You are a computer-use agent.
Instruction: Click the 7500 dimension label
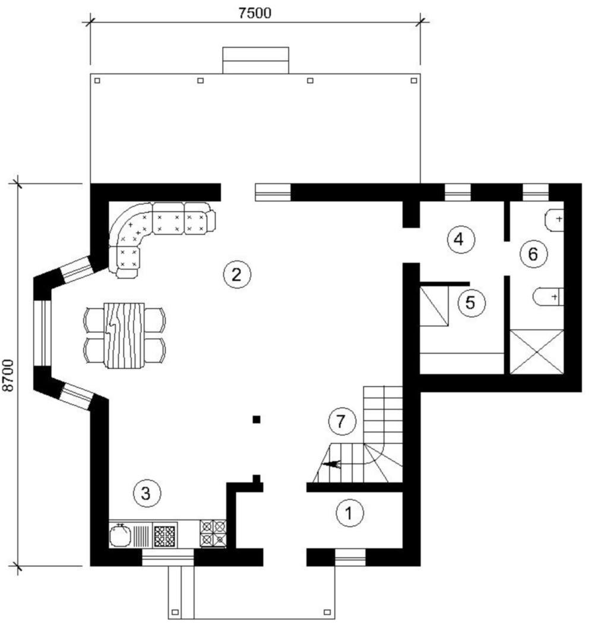pos(255,12)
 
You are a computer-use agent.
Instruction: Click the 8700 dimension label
pos(8,375)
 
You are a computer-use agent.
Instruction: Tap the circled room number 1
pos(350,513)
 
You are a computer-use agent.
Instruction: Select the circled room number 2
pos(237,274)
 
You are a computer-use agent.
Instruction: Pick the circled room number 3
pos(147,493)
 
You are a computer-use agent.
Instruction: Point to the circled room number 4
pos(460,239)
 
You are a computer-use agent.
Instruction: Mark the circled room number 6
pos(533,254)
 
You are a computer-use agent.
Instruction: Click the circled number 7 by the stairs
pos(342,421)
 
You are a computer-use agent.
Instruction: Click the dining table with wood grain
pos(124,336)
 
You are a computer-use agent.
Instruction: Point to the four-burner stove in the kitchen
pos(213,533)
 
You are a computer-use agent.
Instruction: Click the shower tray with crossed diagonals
pos(537,352)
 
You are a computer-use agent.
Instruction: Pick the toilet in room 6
pos(548,297)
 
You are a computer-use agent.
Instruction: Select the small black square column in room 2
pos(257,419)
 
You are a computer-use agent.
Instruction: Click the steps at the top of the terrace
pos(256,61)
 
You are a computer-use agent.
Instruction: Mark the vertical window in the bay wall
pos(42,333)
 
